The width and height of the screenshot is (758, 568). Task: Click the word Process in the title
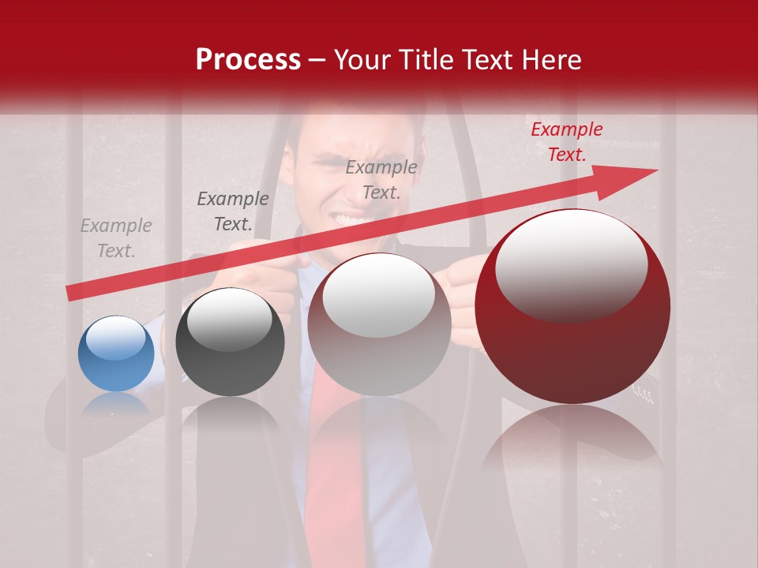pyautogui.click(x=248, y=60)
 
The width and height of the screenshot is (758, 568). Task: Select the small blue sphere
pyautogui.click(x=116, y=354)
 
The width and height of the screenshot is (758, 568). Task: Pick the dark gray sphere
pyautogui.click(x=230, y=342)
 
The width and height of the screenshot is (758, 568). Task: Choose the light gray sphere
pyautogui.click(x=379, y=324)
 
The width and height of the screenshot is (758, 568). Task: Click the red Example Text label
pyautogui.click(x=566, y=142)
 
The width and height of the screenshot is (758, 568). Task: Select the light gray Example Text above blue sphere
pyautogui.click(x=116, y=237)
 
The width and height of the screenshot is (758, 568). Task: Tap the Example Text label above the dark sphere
pyautogui.click(x=233, y=211)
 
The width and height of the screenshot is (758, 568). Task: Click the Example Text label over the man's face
pyautogui.click(x=381, y=179)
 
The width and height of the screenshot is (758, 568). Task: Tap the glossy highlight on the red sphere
pyautogui.click(x=571, y=264)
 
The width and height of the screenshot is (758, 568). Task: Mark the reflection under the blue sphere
pyautogui.click(x=116, y=405)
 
